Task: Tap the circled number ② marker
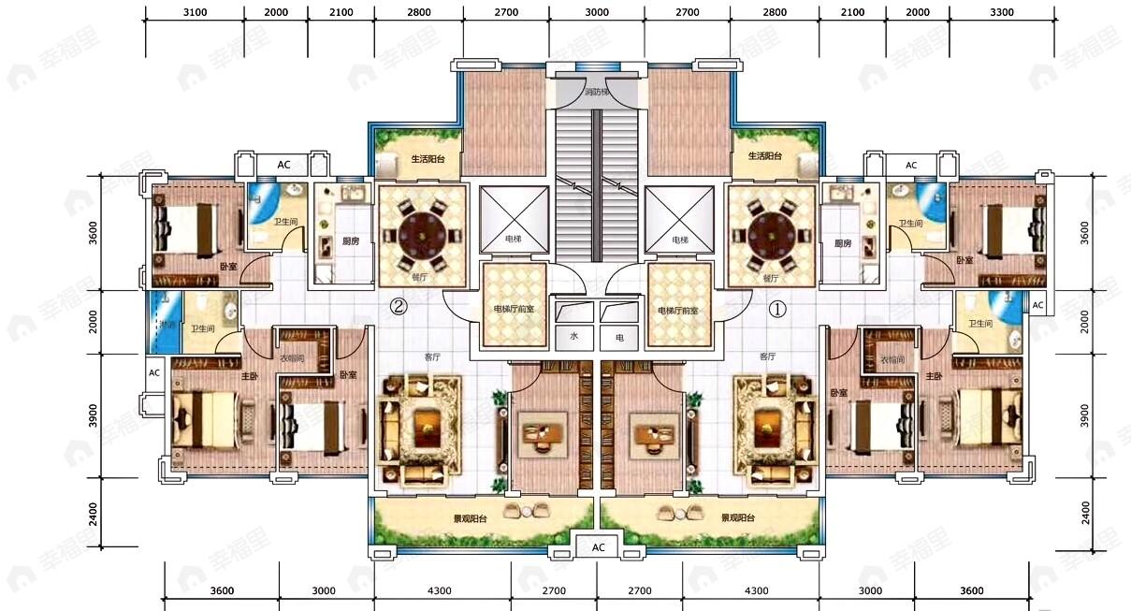coord(399,306)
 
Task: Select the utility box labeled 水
coord(573,337)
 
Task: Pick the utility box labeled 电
coord(618,337)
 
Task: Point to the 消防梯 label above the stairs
coord(597,92)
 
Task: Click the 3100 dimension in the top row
coord(195,12)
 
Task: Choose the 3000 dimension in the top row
coord(596,12)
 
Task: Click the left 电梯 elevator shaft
coord(514,219)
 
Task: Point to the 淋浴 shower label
coord(165,325)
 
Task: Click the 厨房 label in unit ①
coord(843,242)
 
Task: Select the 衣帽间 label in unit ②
coord(291,358)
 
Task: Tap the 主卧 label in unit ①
coord(934,375)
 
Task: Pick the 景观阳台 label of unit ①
coord(737,517)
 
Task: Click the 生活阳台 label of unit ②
coord(428,159)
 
